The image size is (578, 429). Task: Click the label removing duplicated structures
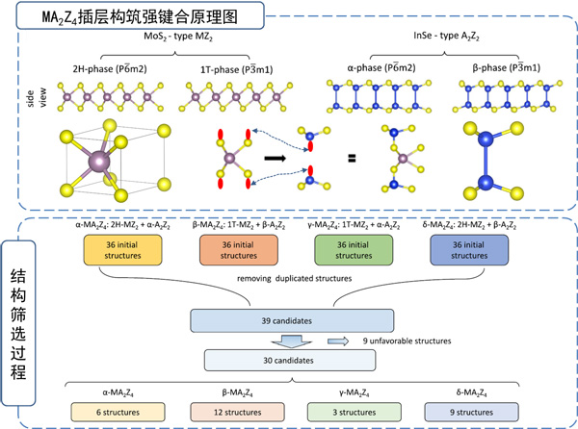292,280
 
